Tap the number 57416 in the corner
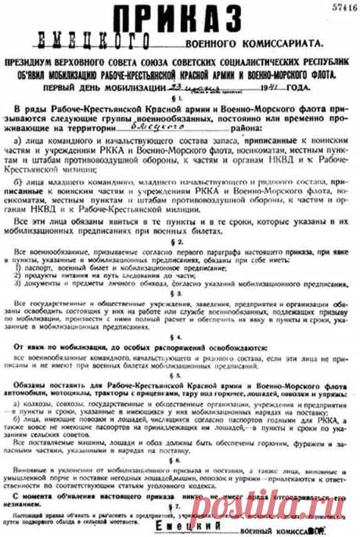pos(337,8)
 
